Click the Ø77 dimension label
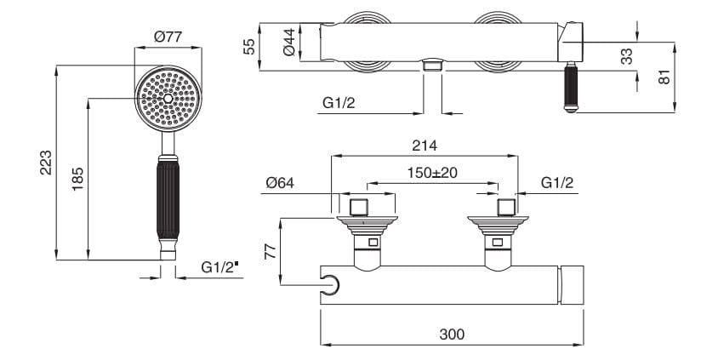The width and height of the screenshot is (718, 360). click(168, 37)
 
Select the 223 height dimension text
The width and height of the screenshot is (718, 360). click(46, 163)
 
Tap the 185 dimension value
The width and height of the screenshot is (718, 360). click(78, 179)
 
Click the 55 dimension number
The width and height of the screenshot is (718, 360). click(248, 47)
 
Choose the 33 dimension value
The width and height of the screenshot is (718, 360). click(626, 56)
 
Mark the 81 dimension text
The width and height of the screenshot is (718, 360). click(664, 77)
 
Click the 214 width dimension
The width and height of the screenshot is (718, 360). click(425, 146)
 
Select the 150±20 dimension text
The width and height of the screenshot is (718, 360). click(432, 173)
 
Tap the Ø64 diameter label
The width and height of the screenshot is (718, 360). click(280, 183)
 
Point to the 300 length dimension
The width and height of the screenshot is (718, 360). click(452, 334)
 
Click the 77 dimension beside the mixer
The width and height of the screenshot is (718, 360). click(271, 251)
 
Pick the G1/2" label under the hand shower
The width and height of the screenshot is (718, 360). click(220, 267)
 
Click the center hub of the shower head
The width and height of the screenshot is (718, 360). click(168, 99)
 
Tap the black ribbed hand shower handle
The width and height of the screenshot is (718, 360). click(168, 199)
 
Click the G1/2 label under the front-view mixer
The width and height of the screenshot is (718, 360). click(339, 103)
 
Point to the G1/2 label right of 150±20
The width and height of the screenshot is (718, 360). click(557, 183)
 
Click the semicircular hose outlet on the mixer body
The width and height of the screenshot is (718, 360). click(331, 285)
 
